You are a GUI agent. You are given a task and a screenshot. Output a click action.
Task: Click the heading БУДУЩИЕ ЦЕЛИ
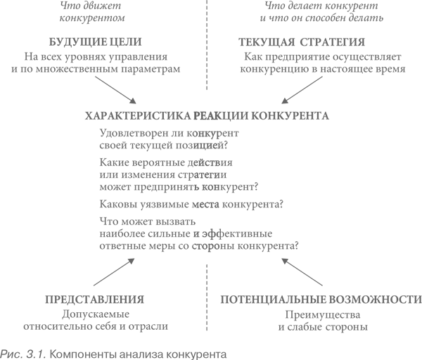tap(95, 42)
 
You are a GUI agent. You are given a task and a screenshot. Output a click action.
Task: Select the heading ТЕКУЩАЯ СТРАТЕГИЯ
tap(302, 42)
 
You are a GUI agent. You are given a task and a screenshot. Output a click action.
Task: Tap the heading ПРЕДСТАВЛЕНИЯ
tap(94, 300)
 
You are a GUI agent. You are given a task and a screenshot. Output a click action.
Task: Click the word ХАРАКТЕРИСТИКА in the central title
tap(138, 116)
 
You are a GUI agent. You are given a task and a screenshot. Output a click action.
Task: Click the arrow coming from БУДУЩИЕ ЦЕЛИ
tap(116, 90)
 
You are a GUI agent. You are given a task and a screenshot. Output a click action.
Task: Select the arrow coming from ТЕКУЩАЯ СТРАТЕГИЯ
tap(302, 90)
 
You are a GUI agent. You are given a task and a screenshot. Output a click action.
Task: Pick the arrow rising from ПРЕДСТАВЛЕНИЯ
tap(114, 271)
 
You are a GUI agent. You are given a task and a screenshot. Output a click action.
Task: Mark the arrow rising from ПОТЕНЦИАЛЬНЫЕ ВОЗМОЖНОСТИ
tap(302, 271)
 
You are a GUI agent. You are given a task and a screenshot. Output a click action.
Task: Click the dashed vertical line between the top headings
tap(207, 45)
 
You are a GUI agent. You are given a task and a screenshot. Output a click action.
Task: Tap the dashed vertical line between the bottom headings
tap(207, 297)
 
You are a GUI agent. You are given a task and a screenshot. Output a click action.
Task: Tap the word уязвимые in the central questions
tap(165, 204)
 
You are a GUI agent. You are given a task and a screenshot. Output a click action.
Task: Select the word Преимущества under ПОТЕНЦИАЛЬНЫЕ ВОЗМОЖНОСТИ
tap(323, 314)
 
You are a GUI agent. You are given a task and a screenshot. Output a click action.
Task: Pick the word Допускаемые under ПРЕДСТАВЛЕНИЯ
tap(96, 314)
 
